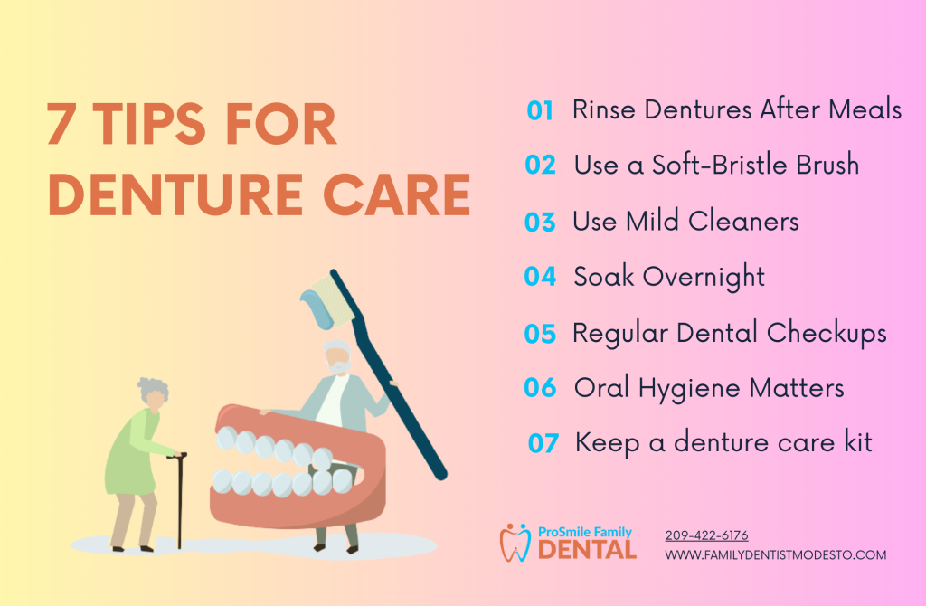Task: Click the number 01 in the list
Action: coord(540,110)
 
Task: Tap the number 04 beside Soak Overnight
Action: coord(540,277)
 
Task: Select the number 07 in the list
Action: coord(543,443)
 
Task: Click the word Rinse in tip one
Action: coord(603,109)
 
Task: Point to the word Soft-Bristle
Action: coord(719,165)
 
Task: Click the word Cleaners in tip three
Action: coord(743,222)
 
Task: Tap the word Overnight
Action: coord(704,277)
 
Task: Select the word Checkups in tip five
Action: coord(827,334)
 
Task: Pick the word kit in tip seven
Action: coord(858,442)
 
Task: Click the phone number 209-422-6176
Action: coord(706,535)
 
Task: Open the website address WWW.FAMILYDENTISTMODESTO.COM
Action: coord(775,555)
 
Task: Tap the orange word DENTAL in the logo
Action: coord(587,550)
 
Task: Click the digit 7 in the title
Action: coord(61,124)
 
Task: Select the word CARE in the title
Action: coord(396,194)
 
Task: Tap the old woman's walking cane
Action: coord(179,500)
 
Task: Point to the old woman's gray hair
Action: coord(152,389)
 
